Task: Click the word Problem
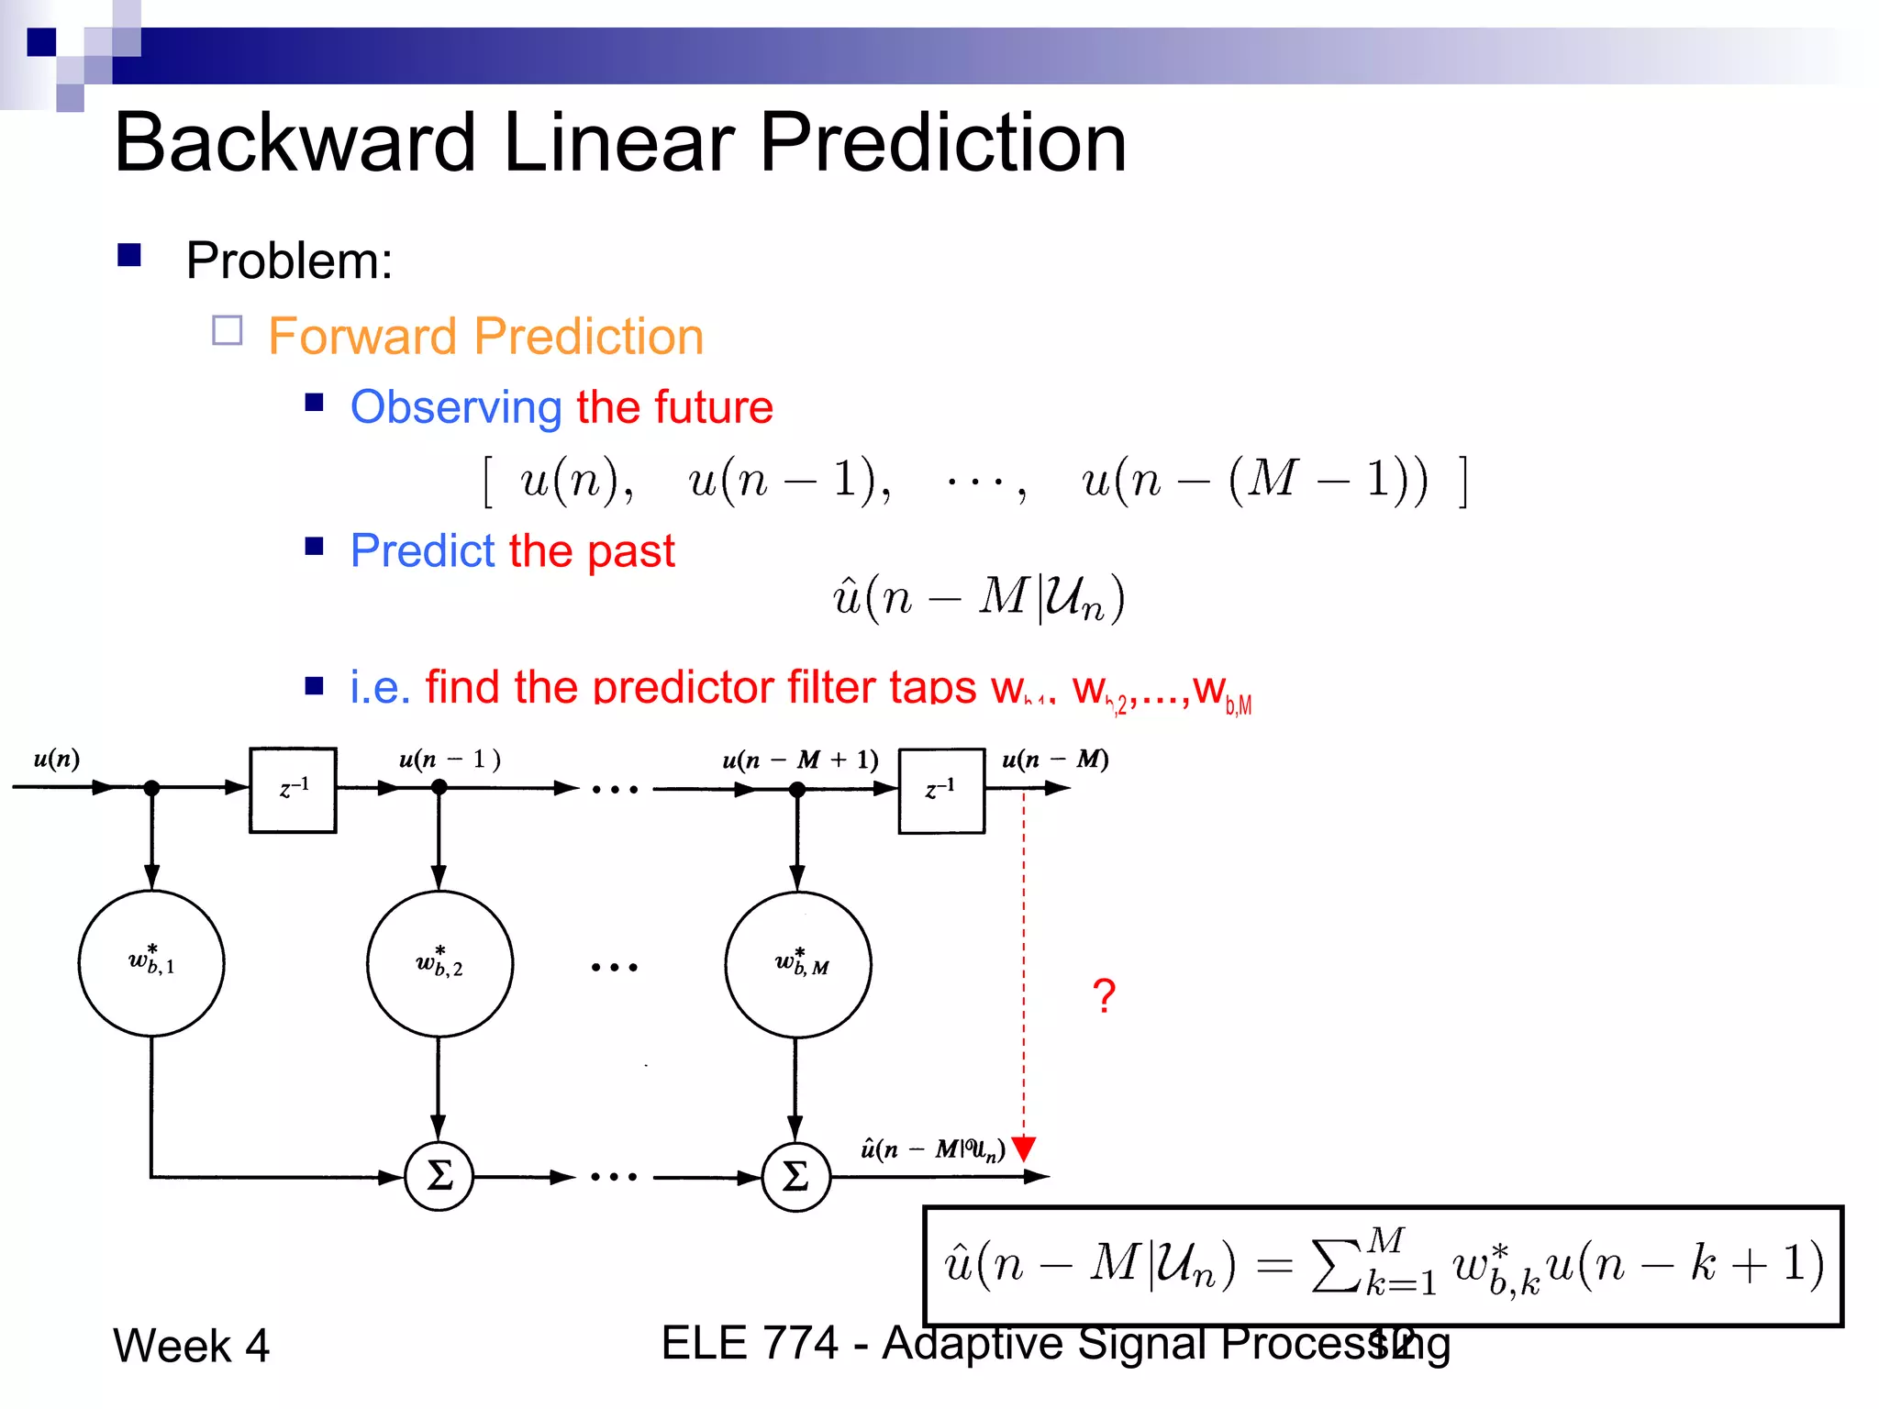click(x=288, y=261)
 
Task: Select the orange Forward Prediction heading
click(x=485, y=336)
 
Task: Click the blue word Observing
click(x=456, y=406)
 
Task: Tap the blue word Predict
click(x=422, y=550)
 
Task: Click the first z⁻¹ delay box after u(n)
click(x=293, y=790)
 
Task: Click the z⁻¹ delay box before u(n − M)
click(x=940, y=790)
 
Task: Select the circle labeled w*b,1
click(x=151, y=962)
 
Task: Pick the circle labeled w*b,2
click(x=439, y=963)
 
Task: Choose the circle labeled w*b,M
click(x=797, y=964)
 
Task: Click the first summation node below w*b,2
click(x=439, y=1176)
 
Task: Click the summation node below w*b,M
click(x=795, y=1176)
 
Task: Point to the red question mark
click(x=1104, y=995)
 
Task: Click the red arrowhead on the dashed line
click(x=1024, y=1148)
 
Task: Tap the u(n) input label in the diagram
click(x=57, y=759)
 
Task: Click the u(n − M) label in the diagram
click(x=1055, y=760)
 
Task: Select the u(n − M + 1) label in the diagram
click(x=800, y=760)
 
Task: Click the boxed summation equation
click(x=1383, y=1266)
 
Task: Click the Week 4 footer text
click(x=191, y=1346)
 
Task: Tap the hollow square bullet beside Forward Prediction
click(x=227, y=330)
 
